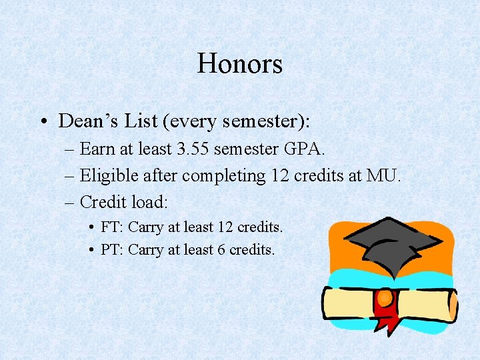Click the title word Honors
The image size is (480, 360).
240,64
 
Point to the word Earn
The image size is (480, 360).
97,149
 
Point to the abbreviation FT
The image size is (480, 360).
110,227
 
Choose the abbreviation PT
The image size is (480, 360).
110,250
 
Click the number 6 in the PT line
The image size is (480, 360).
221,250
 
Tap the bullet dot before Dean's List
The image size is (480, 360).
43,122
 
